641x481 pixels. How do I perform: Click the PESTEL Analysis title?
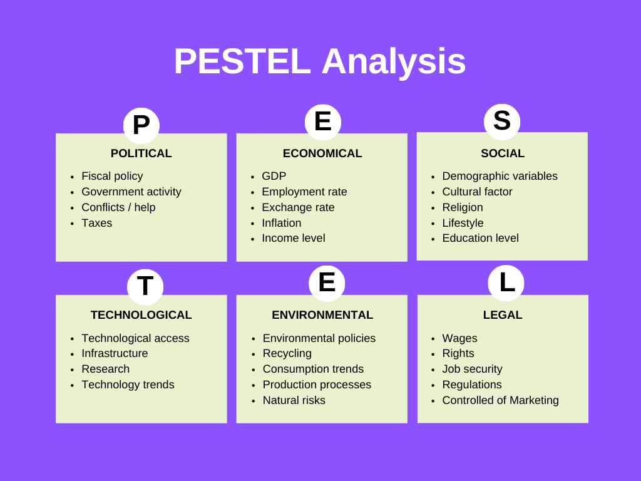(320, 61)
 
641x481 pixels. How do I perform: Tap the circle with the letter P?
(141, 125)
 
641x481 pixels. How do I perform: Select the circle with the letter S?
(502, 121)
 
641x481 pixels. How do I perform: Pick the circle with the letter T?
(145, 286)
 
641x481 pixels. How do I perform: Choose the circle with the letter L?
(506, 282)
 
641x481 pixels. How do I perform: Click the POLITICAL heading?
(141, 153)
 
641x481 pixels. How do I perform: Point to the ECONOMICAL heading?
(322, 153)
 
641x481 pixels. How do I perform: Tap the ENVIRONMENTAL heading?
(322, 315)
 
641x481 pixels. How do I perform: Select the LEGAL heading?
(503, 315)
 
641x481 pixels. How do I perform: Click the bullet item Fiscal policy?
(112, 176)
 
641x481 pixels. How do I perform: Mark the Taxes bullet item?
(96, 223)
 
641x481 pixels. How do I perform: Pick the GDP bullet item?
(274, 176)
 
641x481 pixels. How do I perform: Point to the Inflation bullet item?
(281, 223)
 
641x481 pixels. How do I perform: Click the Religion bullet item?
(463, 207)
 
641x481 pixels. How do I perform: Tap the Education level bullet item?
(480, 238)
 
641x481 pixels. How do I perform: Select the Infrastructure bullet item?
(115, 353)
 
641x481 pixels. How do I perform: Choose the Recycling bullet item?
(287, 353)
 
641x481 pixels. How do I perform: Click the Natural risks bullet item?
(294, 400)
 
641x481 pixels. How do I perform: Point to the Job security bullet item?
(472, 369)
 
